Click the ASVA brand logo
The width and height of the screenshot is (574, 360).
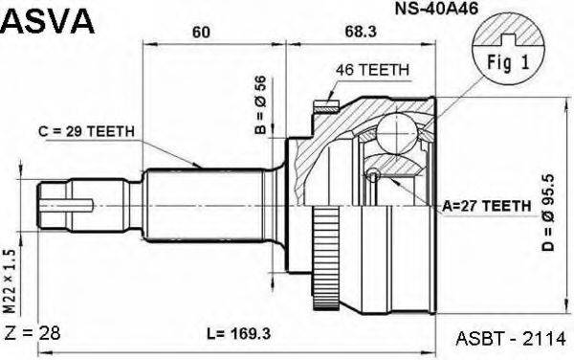pos(47,20)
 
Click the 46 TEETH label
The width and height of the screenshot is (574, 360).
pos(373,70)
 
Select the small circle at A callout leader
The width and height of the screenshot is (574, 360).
pos(374,174)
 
